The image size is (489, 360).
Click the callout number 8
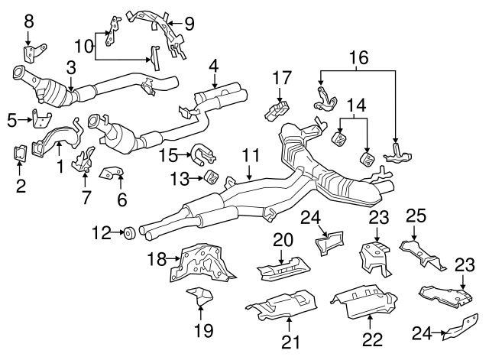click(x=29, y=22)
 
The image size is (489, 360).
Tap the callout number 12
click(x=102, y=232)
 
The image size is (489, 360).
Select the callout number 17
click(x=282, y=78)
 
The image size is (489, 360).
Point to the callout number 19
click(x=204, y=330)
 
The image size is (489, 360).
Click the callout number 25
click(x=416, y=216)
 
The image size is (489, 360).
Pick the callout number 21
click(x=290, y=342)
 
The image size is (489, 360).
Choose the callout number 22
click(x=372, y=339)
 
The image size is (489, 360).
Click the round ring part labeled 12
click(x=128, y=233)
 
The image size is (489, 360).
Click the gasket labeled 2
click(x=21, y=154)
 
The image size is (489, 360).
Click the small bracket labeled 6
click(x=112, y=173)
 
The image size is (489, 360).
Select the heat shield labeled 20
click(x=283, y=268)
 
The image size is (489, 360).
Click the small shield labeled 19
click(x=200, y=297)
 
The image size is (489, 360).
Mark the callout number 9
click(x=189, y=24)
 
